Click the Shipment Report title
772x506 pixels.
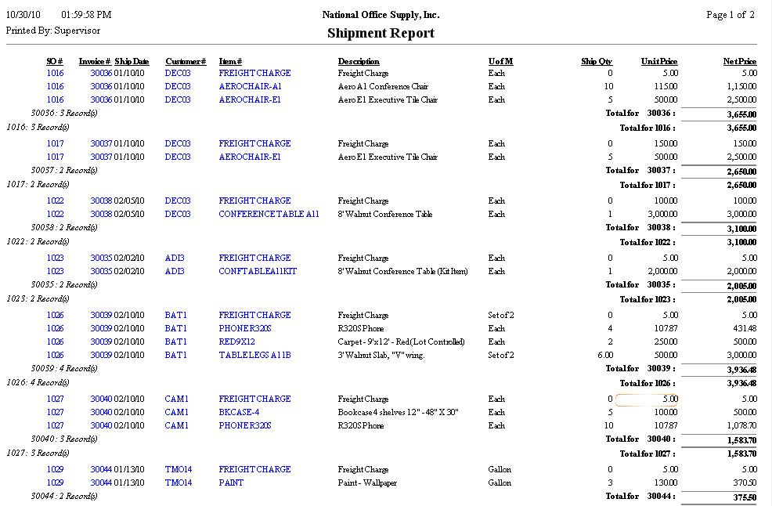(x=381, y=33)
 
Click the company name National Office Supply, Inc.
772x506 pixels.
(x=381, y=15)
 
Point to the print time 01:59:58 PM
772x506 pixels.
(x=85, y=15)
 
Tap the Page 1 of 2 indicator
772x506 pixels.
(x=730, y=15)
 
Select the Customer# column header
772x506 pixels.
(x=186, y=61)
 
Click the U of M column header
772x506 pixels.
(x=500, y=61)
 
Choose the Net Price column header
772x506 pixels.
(x=739, y=61)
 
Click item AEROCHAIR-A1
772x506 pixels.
(x=250, y=86)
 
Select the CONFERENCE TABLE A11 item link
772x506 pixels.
(x=269, y=214)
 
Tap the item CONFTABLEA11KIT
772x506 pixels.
(x=258, y=271)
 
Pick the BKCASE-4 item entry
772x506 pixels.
(x=239, y=412)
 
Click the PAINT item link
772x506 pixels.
(x=231, y=483)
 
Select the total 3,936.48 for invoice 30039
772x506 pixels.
(x=736, y=369)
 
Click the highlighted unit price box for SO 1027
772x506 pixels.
(x=648, y=399)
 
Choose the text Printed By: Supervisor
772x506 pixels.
(x=53, y=31)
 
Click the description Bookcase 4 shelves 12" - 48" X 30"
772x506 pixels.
(x=398, y=412)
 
